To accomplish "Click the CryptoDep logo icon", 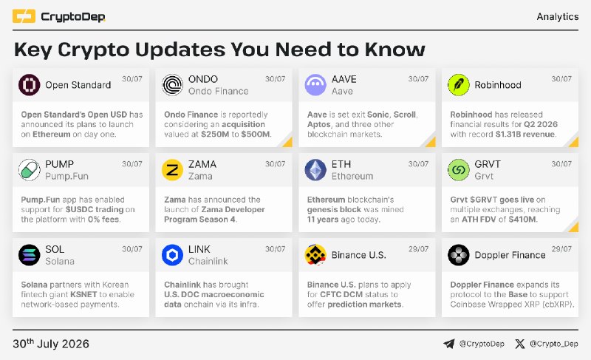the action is point(24,16).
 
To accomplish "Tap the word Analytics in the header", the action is point(558,16).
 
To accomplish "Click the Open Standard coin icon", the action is point(29,85).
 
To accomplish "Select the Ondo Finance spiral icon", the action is point(172,85).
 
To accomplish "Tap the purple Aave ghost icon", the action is point(315,85).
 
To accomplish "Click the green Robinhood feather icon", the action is point(459,85).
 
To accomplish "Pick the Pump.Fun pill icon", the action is point(29,170).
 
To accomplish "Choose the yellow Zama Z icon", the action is point(172,170).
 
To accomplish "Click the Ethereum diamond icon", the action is point(315,170).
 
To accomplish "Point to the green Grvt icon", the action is point(459,170).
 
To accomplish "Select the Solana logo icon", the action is point(29,255).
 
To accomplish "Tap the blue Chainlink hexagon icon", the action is point(172,255).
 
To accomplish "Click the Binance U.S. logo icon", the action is point(315,255).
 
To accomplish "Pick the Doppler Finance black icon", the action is point(459,255).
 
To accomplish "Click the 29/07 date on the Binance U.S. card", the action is point(418,249).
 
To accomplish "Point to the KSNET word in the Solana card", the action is point(83,294).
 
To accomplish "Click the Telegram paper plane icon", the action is point(449,344).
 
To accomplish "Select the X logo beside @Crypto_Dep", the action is point(520,344).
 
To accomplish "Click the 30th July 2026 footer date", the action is point(51,344).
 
